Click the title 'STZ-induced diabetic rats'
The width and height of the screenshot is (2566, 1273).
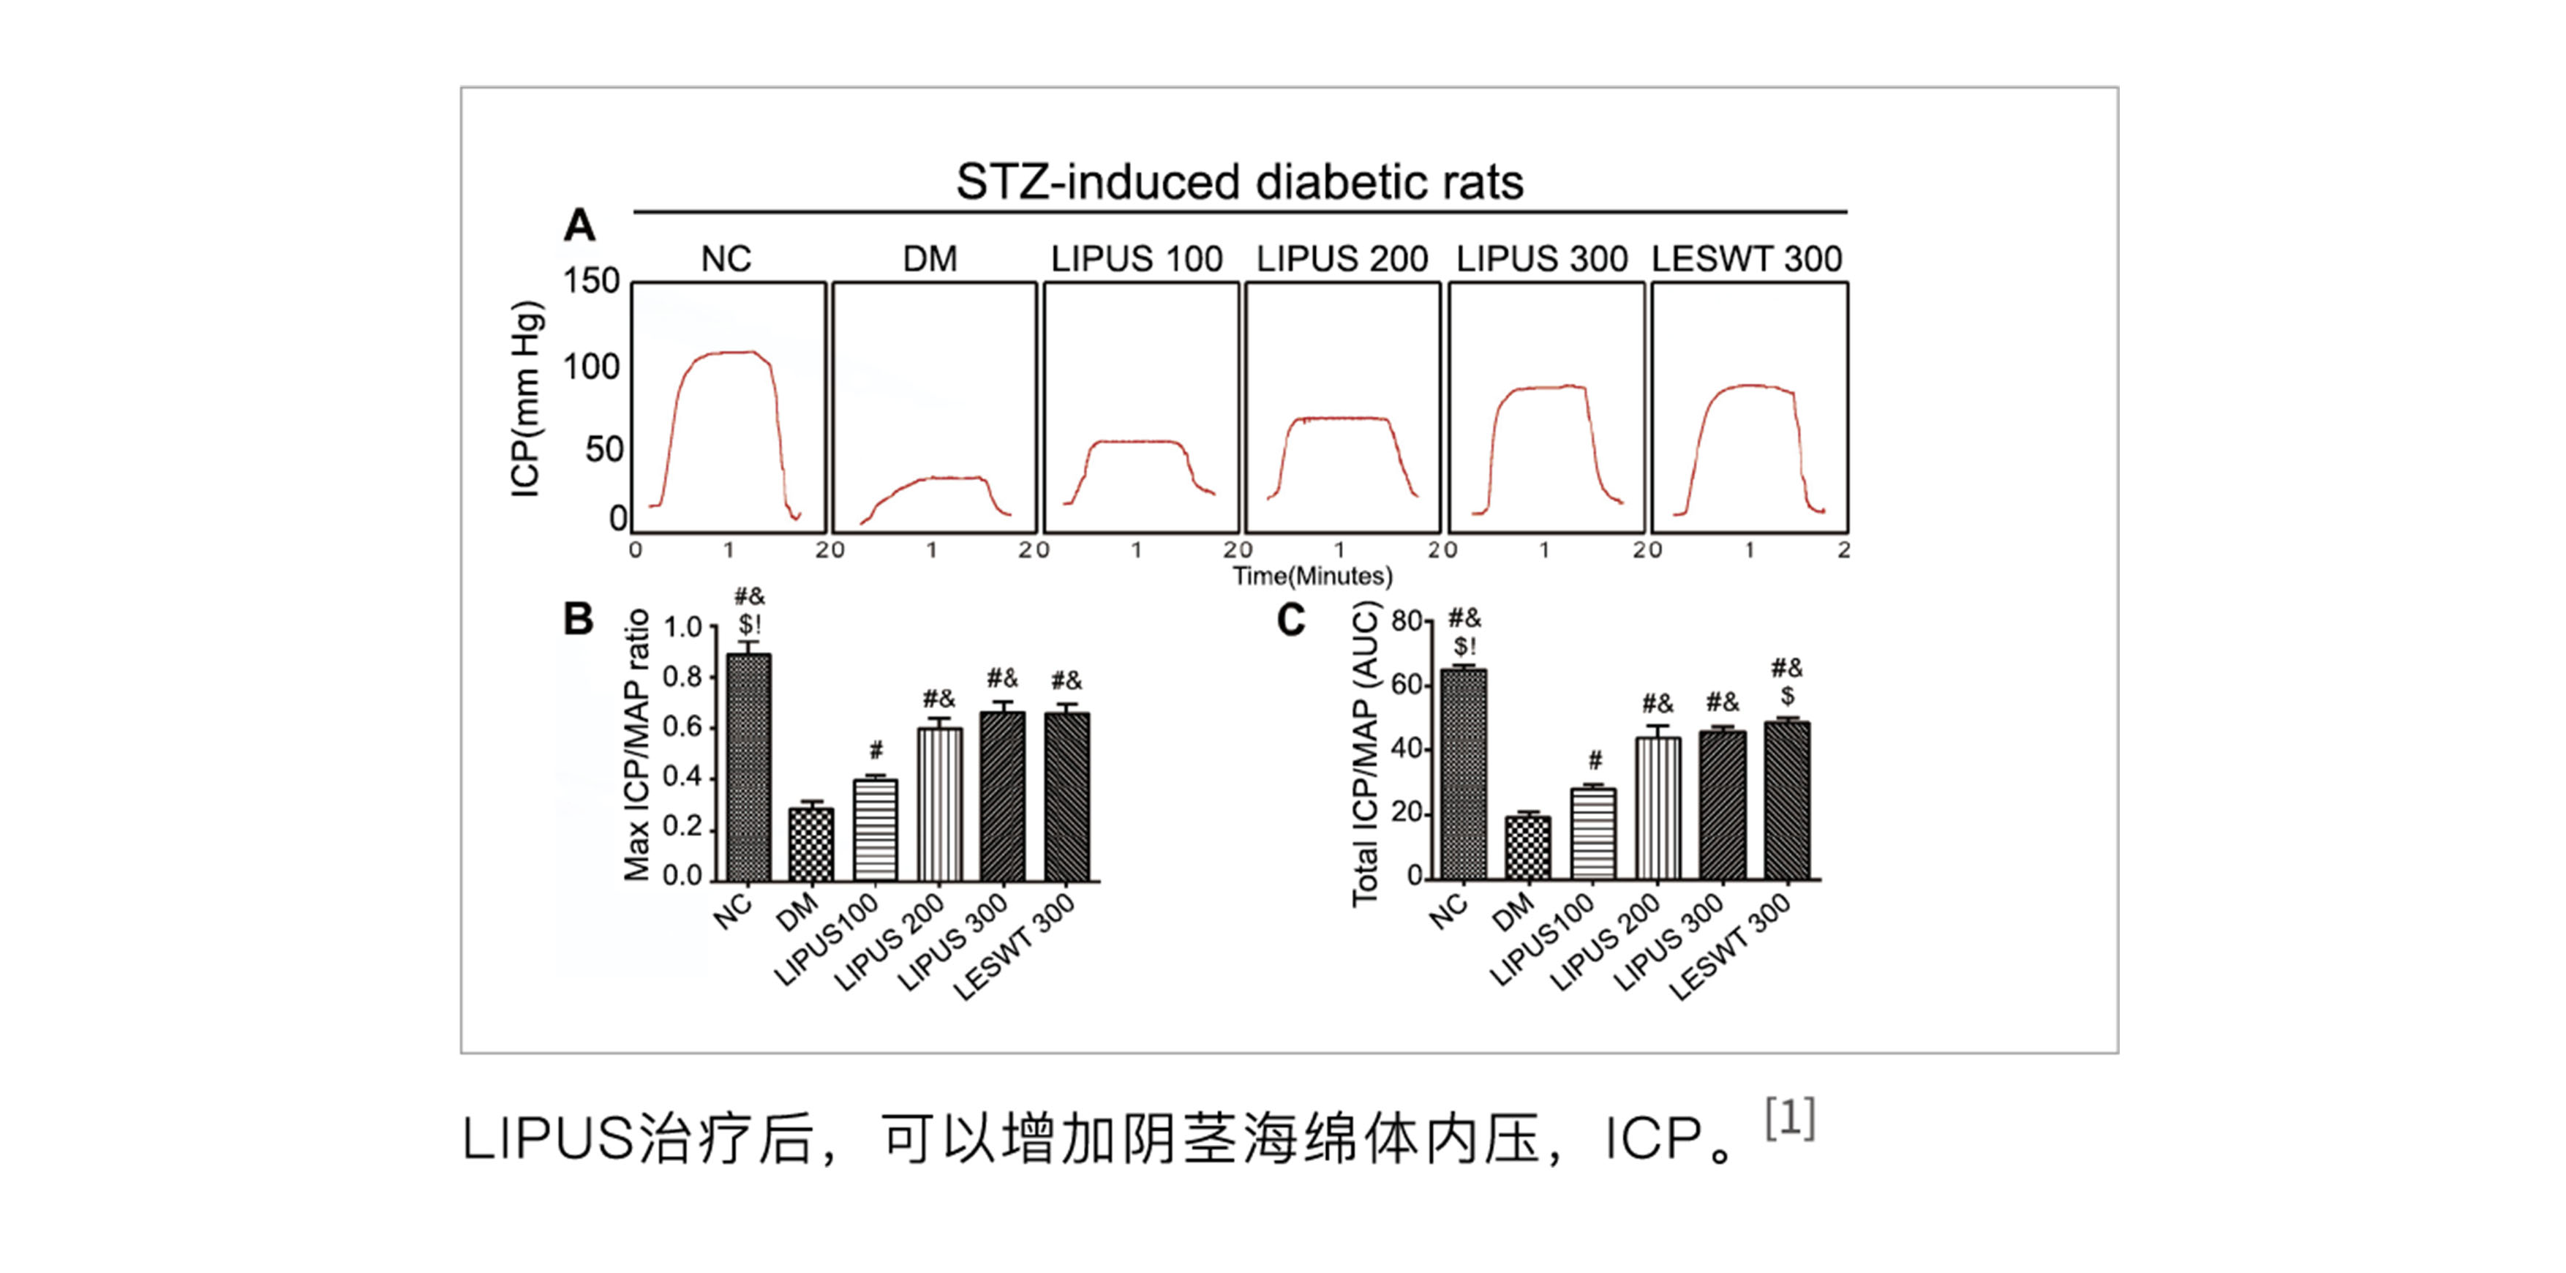click(x=1239, y=182)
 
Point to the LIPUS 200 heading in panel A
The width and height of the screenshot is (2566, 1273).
click(x=1341, y=259)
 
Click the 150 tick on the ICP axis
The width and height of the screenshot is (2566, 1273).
click(x=592, y=281)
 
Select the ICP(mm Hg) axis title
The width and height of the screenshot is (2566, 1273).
click(x=525, y=399)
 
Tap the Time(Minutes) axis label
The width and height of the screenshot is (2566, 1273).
click(x=1312, y=576)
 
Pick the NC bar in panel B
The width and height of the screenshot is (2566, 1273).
click(x=748, y=767)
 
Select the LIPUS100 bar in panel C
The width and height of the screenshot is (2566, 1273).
click(x=1593, y=834)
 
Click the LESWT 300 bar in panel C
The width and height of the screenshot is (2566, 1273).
click(x=1787, y=801)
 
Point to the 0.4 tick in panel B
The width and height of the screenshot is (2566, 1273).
click(x=683, y=777)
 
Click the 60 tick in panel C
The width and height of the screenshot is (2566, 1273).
click(x=1406, y=686)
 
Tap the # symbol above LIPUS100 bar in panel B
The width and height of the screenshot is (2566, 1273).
click(x=876, y=750)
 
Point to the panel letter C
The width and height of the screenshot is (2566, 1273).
click(x=1291, y=620)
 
